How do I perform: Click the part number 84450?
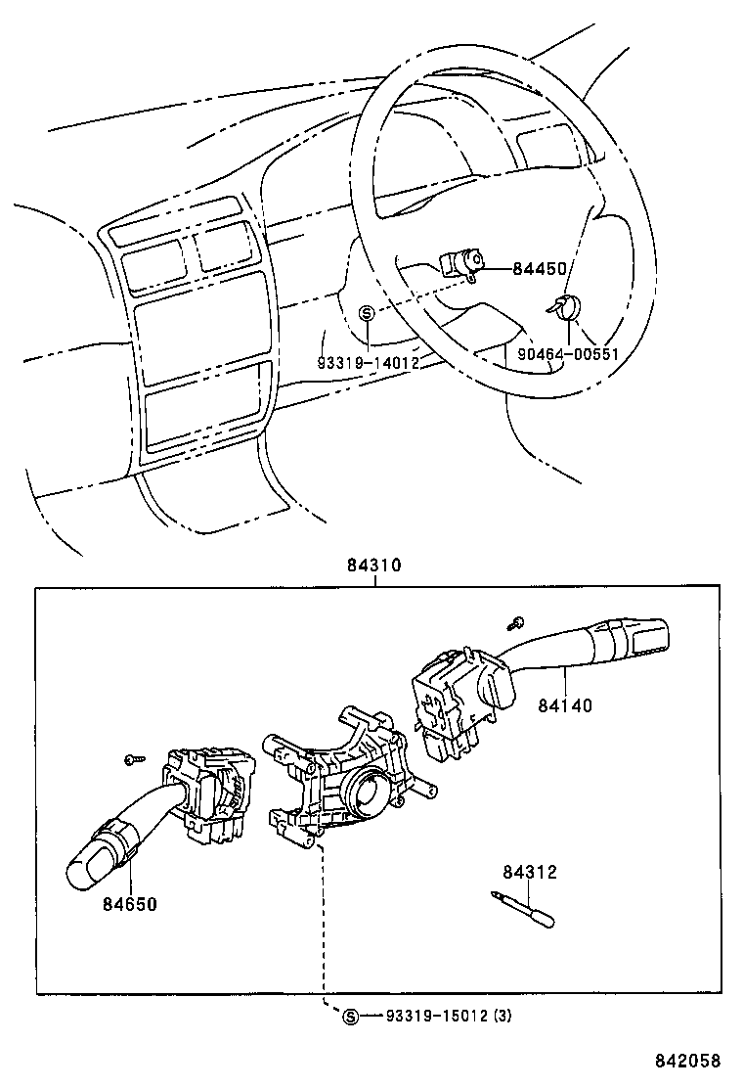pos(540,268)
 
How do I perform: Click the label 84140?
pos(564,703)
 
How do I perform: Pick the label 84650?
pos(129,903)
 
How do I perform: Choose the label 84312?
pos(530,872)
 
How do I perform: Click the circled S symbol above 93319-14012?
pos(367,313)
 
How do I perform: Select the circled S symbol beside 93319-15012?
pos(351,1017)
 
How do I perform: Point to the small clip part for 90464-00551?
pos(565,307)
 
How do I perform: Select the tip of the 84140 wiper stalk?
pos(652,633)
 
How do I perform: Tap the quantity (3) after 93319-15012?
pos(502,1016)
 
